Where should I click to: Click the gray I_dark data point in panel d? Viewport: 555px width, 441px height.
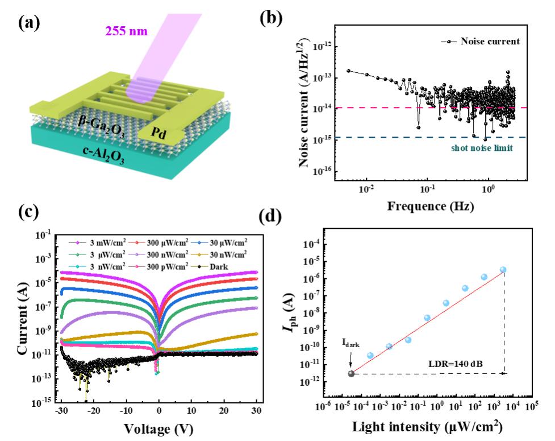click(x=351, y=373)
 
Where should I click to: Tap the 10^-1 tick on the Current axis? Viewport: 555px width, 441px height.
click(x=44, y=233)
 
